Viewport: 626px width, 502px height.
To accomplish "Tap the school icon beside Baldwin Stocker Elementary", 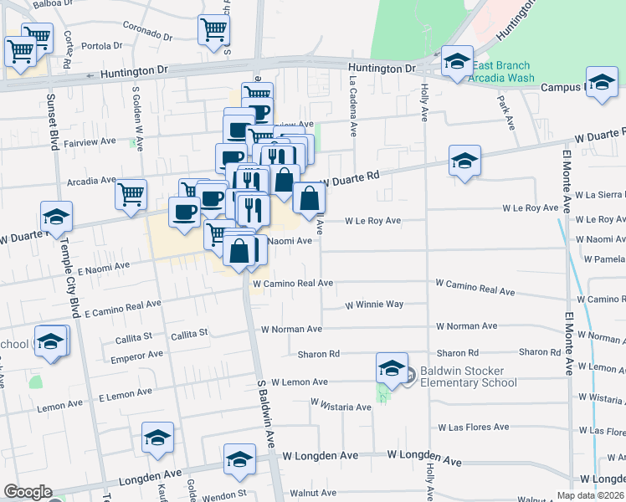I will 392,367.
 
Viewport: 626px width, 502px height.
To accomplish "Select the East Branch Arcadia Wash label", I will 501,72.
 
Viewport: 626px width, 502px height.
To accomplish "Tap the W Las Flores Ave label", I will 473,427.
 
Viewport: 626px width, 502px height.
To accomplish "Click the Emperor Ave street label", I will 143,355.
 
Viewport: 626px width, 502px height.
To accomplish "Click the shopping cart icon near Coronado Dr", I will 213,29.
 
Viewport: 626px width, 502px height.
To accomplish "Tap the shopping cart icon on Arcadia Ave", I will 131,194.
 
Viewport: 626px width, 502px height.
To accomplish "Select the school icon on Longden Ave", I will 239,458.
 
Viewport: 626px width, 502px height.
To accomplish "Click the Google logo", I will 28,492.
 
